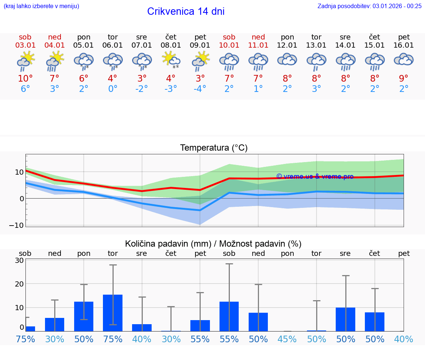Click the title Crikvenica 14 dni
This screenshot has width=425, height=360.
point(186,11)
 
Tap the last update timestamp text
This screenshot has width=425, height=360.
point(369,6)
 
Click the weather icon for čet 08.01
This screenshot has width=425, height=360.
point(171,60)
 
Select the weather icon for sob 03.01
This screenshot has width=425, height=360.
point(25,61)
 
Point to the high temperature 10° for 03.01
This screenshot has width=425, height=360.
point(25,79)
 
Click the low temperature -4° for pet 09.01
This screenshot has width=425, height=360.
point(200,89)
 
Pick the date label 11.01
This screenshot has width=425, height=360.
point(258,45)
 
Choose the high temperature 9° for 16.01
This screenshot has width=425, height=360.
point(404,79)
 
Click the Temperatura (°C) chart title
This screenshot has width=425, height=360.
point(214,148)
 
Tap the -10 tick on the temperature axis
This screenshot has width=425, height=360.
point(18,225)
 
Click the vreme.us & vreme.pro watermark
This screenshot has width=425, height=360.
point(315,176)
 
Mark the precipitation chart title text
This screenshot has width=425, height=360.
point(213,244)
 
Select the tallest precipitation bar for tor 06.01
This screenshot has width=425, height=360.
point(113,313)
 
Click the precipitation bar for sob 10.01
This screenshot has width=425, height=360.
point(229,316)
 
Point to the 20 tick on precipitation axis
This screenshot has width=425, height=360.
point(19,284)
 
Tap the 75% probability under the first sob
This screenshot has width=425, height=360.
point(25,339)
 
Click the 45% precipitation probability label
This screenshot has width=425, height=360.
point(287,339)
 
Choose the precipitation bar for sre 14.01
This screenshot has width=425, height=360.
point(345,319)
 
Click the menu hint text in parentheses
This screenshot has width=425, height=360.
point(41,6)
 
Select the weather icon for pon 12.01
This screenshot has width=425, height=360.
point(287,60)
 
